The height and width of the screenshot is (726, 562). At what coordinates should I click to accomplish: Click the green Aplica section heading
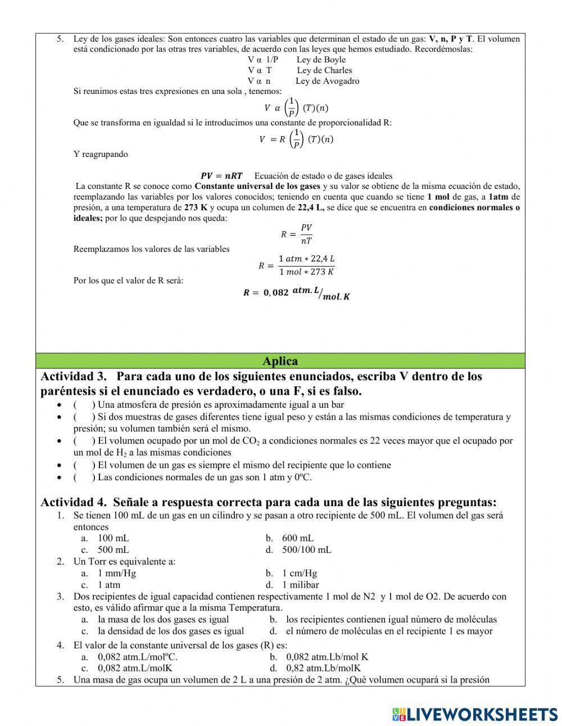click(x=280, y=361)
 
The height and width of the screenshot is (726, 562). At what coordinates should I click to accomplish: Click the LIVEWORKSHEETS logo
click(x=475, y=714)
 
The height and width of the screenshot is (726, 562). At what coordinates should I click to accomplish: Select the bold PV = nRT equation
click(x=221, y=176)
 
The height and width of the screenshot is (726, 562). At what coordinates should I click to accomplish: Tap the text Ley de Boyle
click(x=321, y=60)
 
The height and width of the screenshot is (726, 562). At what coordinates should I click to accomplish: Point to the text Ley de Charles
click(x=324, y=70)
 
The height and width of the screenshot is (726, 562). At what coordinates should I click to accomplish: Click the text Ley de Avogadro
click(x=327, y=81)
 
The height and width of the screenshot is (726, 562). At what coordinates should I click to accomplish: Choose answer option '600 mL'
click(x=298, y=538)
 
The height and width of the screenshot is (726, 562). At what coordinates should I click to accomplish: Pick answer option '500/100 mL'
click(x=306, y=549)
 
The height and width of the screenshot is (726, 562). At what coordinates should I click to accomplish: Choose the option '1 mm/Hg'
click(x=117, y=573)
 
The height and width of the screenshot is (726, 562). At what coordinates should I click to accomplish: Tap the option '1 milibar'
click(x=300, y=585)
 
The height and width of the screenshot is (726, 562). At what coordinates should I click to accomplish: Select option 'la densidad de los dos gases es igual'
click(x=171, y=631)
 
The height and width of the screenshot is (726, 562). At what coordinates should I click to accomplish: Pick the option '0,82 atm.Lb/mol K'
click(x=323, y=668)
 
